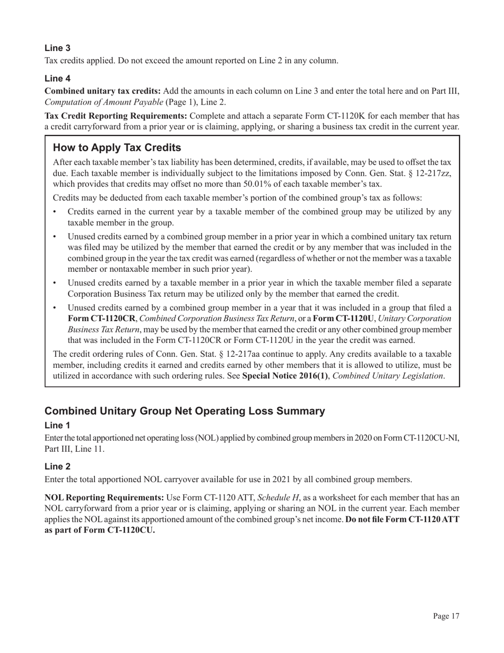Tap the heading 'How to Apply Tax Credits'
[117, 148]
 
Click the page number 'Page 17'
[446, 616]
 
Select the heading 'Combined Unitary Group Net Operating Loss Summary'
[185, 411]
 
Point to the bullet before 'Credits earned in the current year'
[56, 212]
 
